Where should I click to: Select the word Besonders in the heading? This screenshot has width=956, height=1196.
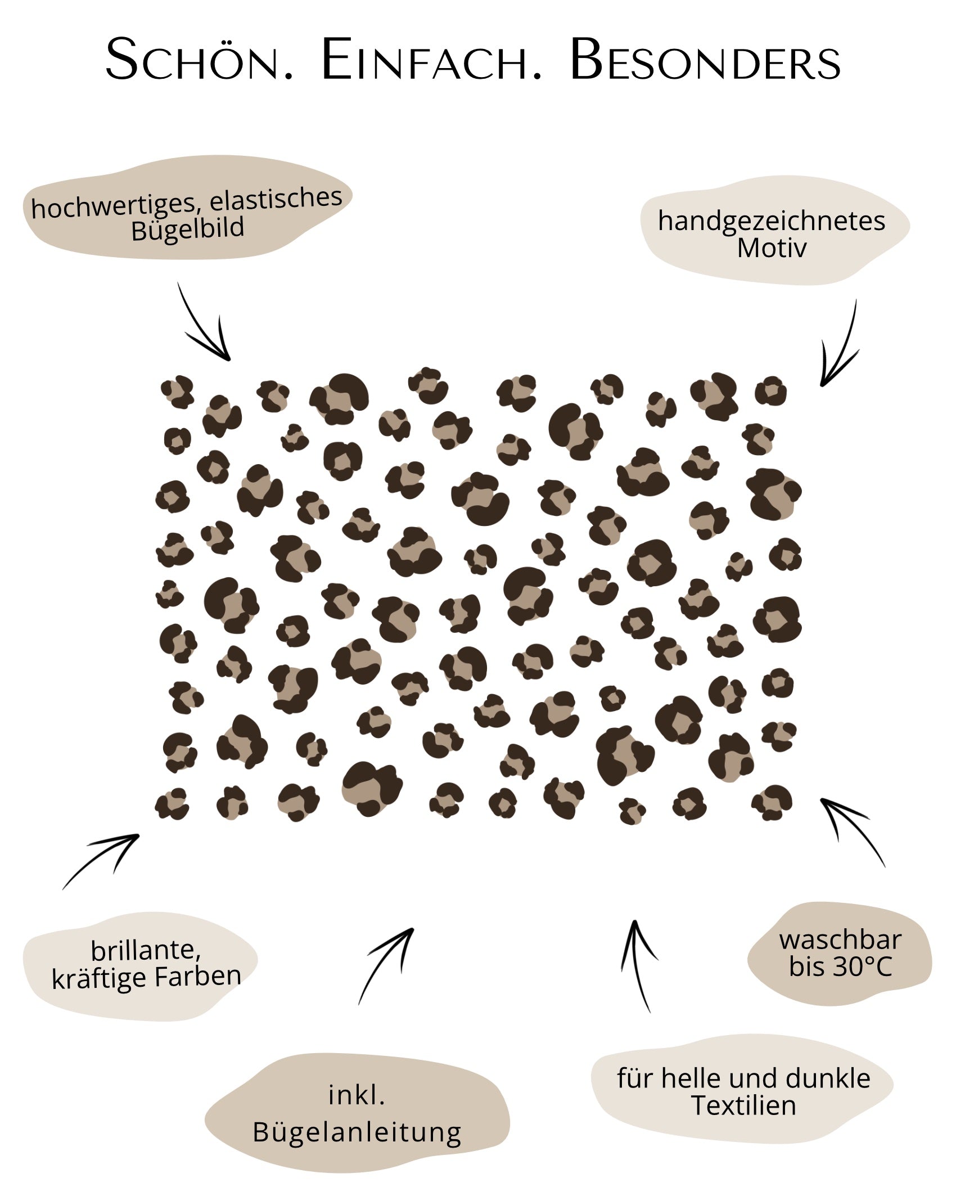tap(705, 59)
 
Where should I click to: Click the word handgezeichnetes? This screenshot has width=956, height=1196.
tap(772, 221)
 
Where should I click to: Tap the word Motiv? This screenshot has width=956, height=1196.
tap(772, 248)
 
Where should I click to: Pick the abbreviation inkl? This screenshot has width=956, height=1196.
tap(357, 1096)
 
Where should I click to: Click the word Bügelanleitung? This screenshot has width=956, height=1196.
tap(357, 1132)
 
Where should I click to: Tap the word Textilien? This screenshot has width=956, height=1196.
tap(743, 1105)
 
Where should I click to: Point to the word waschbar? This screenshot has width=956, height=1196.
tap(840, 940)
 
